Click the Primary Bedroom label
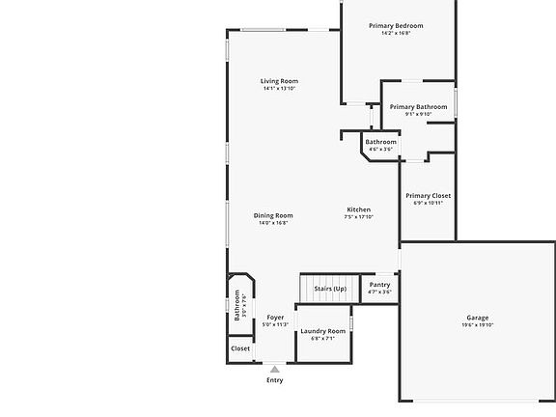[x=396, y=26]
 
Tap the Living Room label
[x=279, y=81]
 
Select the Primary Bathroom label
[x=418, y=107]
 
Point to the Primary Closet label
[x=428, y=196]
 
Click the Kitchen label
[x=358, y=209]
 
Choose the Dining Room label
[x=273, y=215]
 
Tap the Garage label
[x=477, y=318]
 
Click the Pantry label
[x=379, y=285]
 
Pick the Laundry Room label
[x=322, y=331]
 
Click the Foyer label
[x=275, y=318]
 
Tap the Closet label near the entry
[x=240, y=348]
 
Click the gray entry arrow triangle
[x=275, y=369]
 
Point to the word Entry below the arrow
[x=275, y=380]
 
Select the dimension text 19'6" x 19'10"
[x=477, y=325]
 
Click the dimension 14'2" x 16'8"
[x=396, y=34]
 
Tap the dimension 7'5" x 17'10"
[x=358, y=217]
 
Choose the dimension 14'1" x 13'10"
[x=279, y=89]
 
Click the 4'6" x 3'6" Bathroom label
[x=380, y=142]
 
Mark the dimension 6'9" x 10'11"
[x=428, y=203]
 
